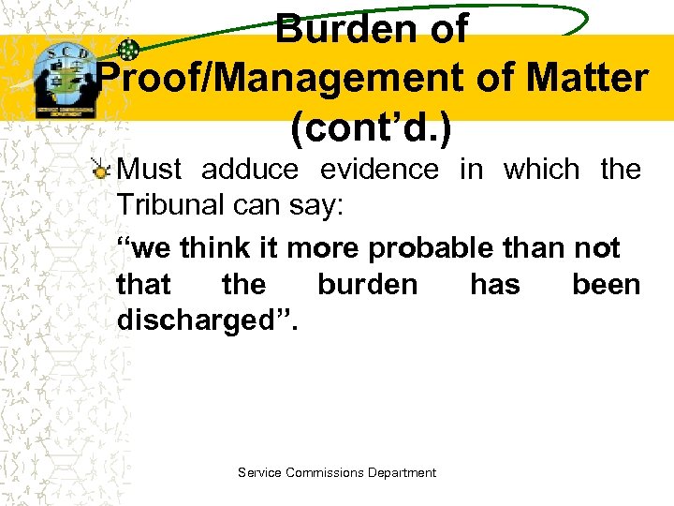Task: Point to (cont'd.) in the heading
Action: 372,129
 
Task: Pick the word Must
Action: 152,170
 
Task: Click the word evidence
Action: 379,170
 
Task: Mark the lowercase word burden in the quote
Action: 368,284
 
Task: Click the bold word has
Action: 494,284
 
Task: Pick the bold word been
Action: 606,284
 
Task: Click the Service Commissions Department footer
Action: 337,473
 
